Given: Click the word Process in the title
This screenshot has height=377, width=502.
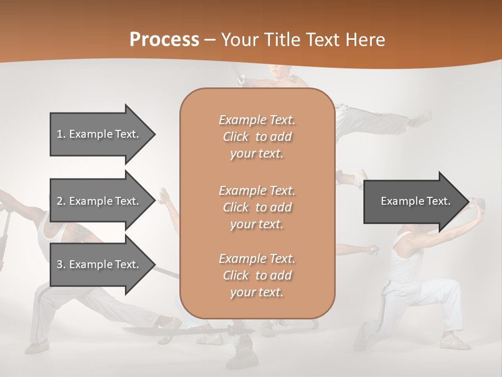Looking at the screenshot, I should (164, 39).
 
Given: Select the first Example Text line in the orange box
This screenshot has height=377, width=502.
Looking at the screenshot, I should (257, 120).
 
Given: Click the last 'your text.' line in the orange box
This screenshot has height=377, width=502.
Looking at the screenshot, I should (257, 293).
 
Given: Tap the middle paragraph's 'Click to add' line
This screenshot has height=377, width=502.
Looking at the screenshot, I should (257, 207).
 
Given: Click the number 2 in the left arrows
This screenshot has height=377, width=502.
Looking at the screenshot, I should (60, 201).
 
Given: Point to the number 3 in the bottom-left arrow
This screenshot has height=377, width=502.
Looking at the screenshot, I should (60, 264).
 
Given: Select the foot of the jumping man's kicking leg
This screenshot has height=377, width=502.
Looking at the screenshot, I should (421, 118).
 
